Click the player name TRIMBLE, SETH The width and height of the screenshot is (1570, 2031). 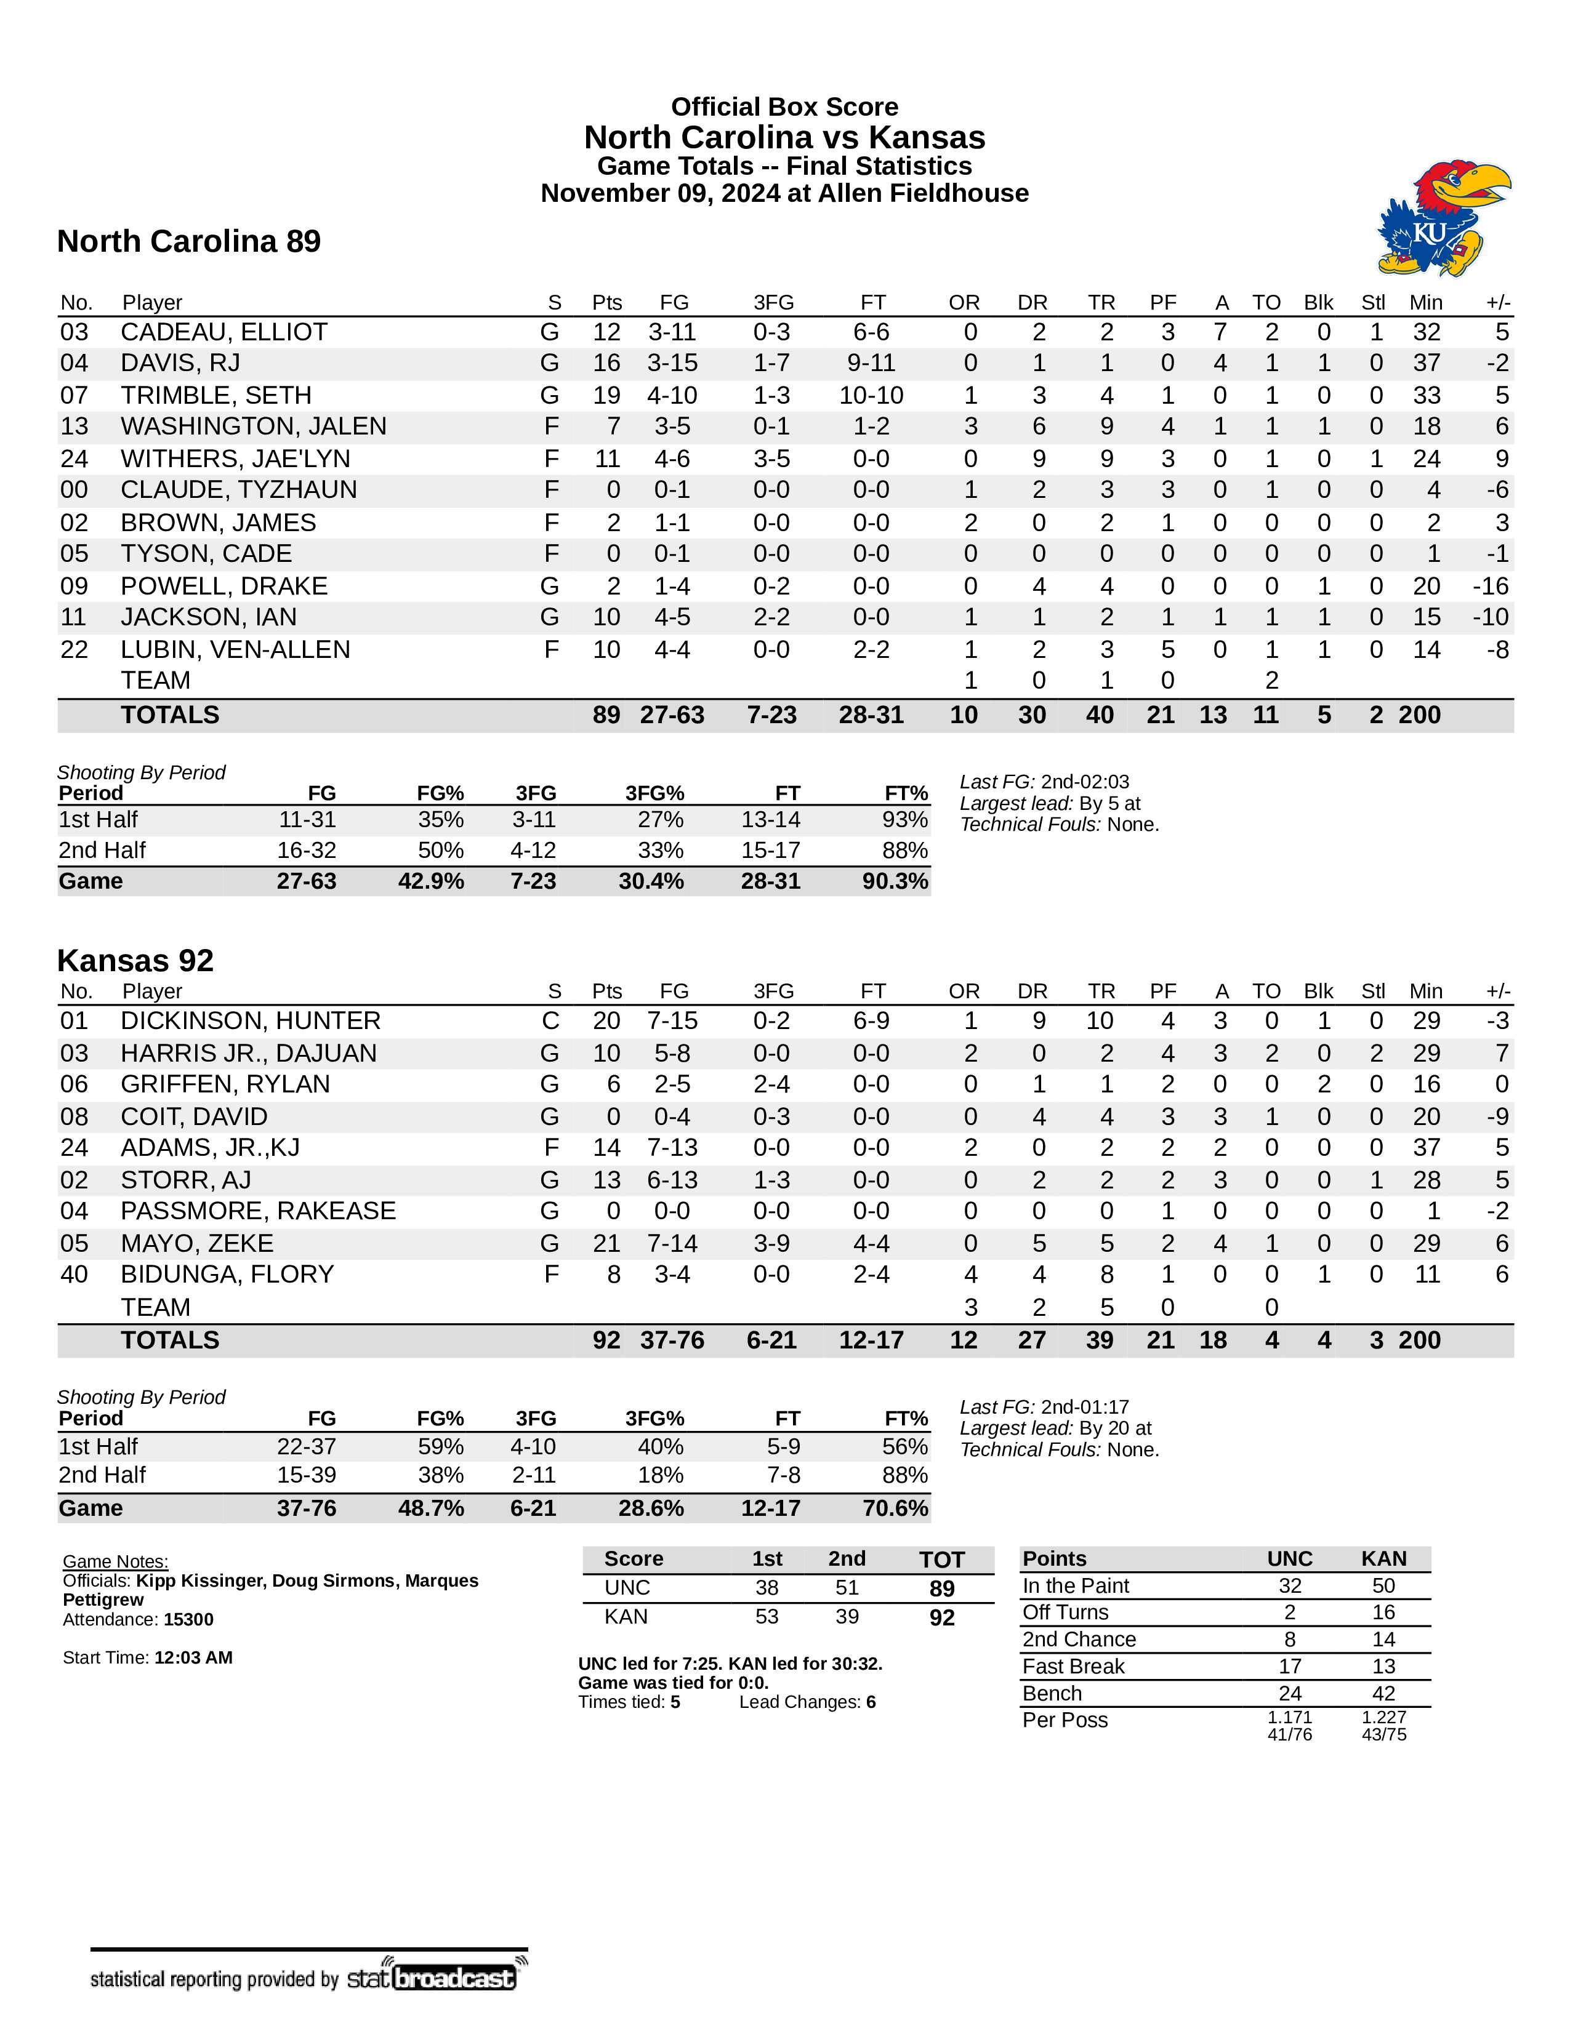click(215, 395)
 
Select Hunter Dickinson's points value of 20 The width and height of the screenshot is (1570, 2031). click(606, 1021)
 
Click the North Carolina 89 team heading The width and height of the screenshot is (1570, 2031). click(189, 242)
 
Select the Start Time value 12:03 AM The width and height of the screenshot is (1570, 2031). click(193, 1657)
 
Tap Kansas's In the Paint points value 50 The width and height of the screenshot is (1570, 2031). click(1383, 1585)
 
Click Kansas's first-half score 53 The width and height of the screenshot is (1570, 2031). click(767, 1616)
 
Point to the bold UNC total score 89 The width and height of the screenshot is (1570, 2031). click(941, 1588)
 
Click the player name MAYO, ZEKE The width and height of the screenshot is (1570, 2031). click(197, 1243)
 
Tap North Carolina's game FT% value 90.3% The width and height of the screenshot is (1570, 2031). click(895, 881)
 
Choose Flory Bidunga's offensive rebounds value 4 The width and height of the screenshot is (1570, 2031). click(970, 1274)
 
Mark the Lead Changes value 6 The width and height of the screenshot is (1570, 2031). click(871, 1702)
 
